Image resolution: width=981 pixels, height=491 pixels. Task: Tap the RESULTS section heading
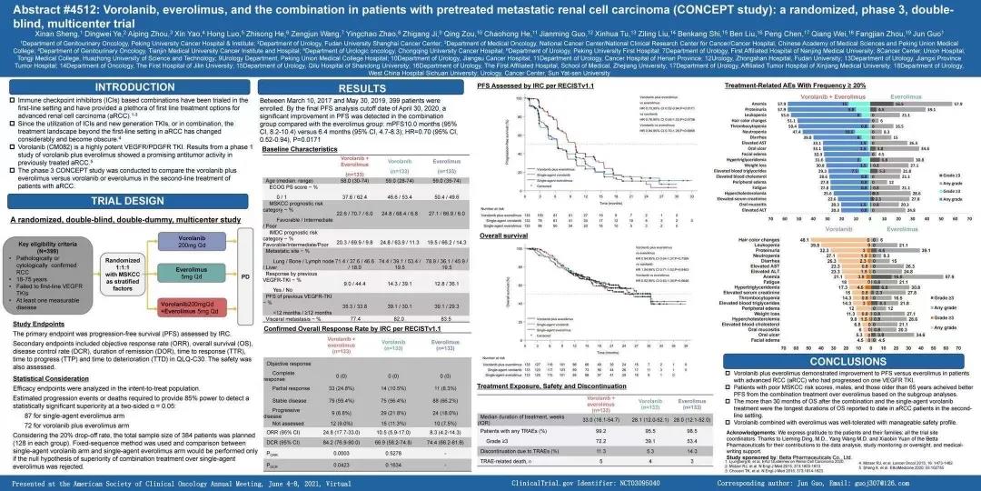pyautogui.click(x=362, y=87)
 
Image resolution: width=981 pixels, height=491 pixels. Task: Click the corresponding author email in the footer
pyautogui.click(x=930, y=481)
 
